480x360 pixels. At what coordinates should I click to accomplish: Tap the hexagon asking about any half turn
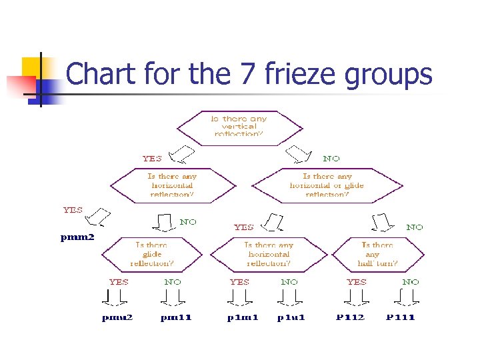[x=379, y=254]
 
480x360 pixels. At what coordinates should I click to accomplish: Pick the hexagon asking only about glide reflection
[x=151, y=254]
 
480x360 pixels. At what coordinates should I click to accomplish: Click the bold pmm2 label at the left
[x=77, y=237]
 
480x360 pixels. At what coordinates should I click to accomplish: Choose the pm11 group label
[x=176, y=317]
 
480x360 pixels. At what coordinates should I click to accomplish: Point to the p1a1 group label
[x=291, y=317]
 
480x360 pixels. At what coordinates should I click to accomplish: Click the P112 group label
[x=350, y=317]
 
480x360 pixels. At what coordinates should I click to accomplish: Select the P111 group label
[x=400, y=317]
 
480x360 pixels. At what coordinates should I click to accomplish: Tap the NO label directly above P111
[x=411, y=282]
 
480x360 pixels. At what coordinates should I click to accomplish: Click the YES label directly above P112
[x=357, y=282]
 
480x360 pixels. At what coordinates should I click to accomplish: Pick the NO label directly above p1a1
[x=289, y=282]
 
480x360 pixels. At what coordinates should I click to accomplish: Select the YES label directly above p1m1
[x=239, y=282]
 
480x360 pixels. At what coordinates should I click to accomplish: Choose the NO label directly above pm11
[x=173, y=282]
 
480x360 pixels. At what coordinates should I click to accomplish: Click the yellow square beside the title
[x=31, y=68]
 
